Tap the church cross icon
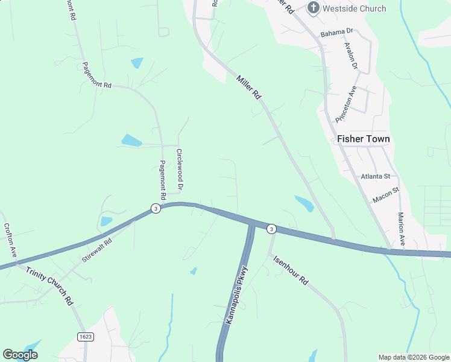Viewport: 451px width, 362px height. pyautogui.click(x=313, y=8)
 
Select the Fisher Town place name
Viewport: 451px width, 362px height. pyautogui.click(x=363, y=139)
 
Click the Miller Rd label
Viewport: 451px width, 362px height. pyautogui.click(x=248, y=87)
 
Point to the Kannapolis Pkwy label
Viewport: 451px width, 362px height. pyautogui.click(x=236, y=296)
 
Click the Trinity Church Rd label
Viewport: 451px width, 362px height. pyautogui.click(x=49, y=285)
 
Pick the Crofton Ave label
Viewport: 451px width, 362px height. pyautogui.click(x=10, y=238)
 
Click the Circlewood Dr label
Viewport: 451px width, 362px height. pyautogui.click(x=179, y=167)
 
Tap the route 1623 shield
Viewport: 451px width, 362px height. pyautogui.click(x=86, y=336)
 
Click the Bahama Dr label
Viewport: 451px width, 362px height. pyautogui.click(x=336, y=33)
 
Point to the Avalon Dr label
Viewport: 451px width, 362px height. pyautogui.click(x=351, y=56)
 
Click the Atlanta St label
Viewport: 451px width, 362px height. pyautogui.click(x=376, y=176)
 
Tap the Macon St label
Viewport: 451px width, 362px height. pyautogui.click(x=386, y=195)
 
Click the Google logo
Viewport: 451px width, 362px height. pyautogui.click(x=20, y=355)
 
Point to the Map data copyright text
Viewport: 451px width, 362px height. pyautogui.click(x=414, y=357)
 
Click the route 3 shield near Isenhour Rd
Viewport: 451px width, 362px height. pyautogui.click(x=272, y=229)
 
